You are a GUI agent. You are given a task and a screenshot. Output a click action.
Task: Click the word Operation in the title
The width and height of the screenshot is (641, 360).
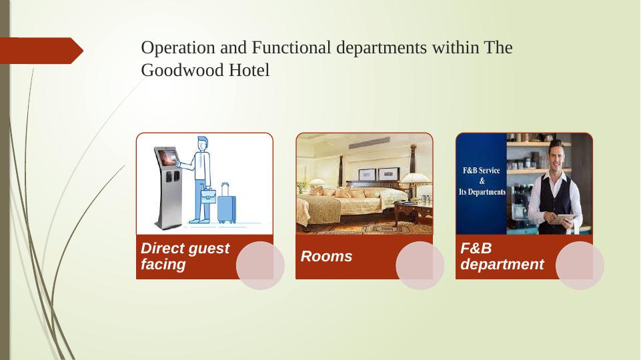[178, 48]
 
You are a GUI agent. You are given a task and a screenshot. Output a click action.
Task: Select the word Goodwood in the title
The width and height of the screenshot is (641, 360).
[182, 70]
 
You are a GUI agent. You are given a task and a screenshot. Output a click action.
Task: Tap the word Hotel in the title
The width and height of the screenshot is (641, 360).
[249, 70]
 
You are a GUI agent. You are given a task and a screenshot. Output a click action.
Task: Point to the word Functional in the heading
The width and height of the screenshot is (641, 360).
[291, 47]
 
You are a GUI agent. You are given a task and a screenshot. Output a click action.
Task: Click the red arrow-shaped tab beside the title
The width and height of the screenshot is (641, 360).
[41, 51]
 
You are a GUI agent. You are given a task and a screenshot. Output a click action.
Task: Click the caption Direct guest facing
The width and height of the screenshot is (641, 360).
[185, 256]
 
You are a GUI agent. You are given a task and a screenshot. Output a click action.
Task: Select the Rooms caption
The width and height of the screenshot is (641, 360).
[326, 256]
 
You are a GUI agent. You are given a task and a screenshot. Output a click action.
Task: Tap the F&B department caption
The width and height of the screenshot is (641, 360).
[502, 256]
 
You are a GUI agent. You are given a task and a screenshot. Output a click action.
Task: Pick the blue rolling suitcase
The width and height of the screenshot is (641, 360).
[227, 203]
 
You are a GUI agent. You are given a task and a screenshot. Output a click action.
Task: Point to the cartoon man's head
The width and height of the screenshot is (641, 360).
[203, 143]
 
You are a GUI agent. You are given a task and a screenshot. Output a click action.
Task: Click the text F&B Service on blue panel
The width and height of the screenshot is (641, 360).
[481, 171]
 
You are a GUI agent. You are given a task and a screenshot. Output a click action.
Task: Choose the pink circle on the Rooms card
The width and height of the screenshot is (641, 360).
[420, 265]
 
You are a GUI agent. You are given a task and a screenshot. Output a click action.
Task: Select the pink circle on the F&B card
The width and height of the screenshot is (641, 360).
[580, 265]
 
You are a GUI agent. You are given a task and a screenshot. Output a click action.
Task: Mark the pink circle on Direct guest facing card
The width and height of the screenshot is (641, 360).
[260, 265]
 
